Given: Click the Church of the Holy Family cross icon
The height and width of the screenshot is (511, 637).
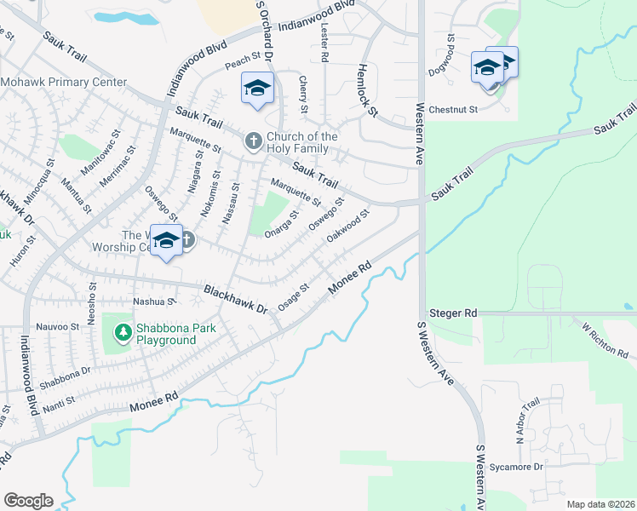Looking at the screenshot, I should click(253, 141).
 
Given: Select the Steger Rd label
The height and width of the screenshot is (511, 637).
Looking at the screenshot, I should click(451, 313).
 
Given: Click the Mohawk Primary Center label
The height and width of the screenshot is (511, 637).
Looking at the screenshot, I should click(64, 83).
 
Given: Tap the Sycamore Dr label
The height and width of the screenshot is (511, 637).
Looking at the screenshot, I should click(516, 467).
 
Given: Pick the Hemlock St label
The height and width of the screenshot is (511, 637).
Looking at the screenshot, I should click(367, 90).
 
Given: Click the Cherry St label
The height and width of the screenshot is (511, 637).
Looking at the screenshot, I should click(303, 93).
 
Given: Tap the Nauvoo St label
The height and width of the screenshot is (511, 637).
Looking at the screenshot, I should click(57, 327).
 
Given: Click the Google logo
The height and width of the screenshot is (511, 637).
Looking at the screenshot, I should click(28, 500).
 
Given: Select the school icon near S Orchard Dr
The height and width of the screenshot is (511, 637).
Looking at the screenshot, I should click(257, 89).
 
